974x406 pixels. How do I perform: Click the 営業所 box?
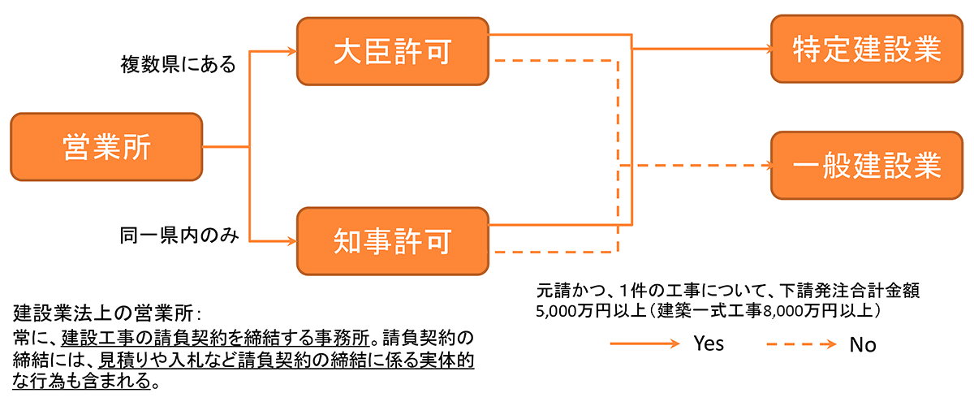coord(106,147)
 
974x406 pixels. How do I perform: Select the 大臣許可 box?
coord(394,51)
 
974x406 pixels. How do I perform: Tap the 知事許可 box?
coord(394,240)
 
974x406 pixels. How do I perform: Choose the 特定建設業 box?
coord(866,50)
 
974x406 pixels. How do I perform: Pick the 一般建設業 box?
coord(866,166)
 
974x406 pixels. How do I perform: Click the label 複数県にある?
coord(179,63)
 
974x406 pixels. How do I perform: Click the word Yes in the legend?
coord(709,343)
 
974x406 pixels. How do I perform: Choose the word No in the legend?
coord(863,344)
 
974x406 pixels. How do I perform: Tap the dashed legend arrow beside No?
coord(800,343)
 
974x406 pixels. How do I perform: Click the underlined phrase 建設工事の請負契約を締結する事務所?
coord(216,336)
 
